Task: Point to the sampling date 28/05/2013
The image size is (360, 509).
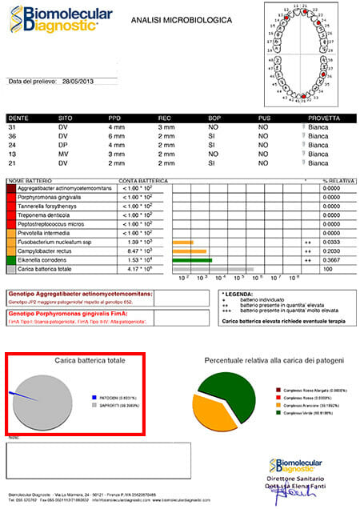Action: point(78,82)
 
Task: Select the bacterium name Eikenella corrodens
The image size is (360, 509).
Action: point(52,260)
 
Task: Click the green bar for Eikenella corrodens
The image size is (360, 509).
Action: point(192,260)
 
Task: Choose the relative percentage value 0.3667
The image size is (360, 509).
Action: point(332,260)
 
